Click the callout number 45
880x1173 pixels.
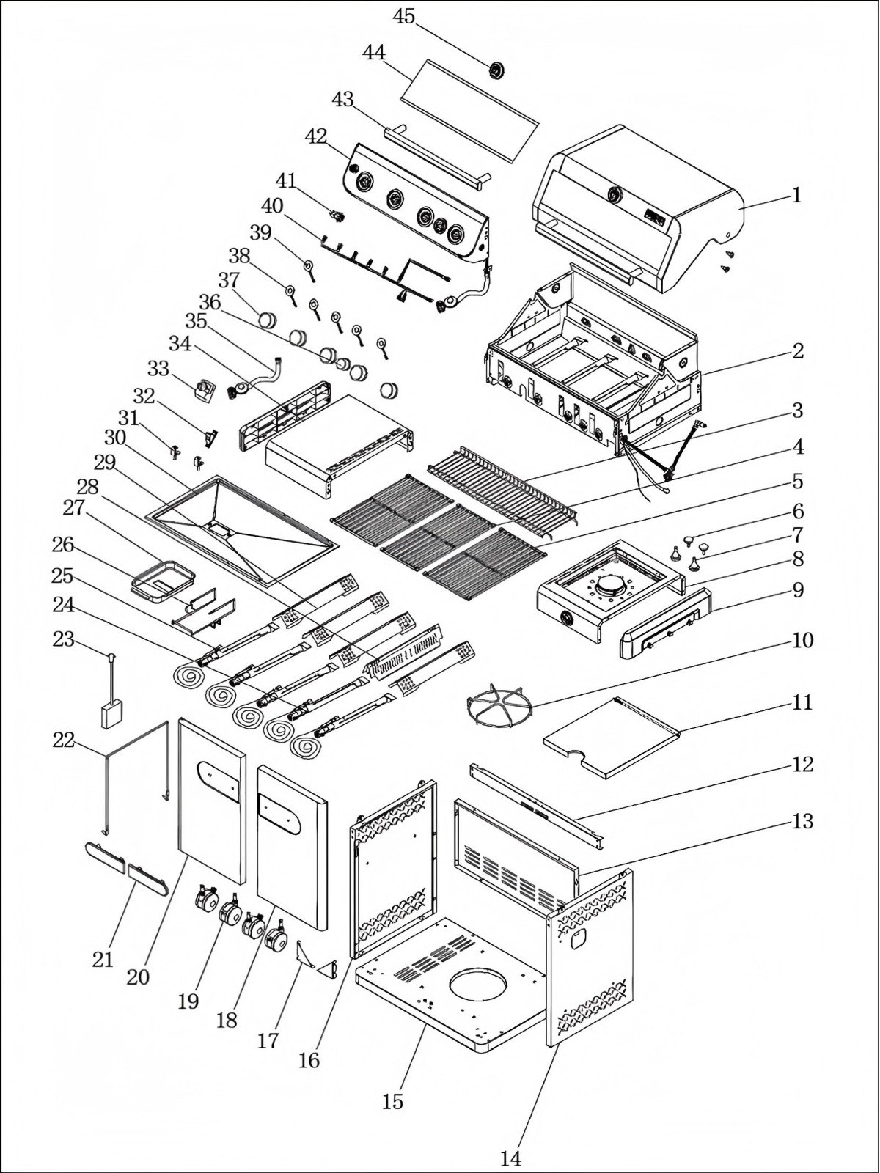[404, 16]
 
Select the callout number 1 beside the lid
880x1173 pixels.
[796, 195]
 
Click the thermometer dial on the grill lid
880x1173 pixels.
[615, 194]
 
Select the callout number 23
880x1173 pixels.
[64, 639]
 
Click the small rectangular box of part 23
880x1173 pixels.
[112, 714]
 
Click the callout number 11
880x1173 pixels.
[803, 702]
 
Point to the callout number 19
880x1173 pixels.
[188, 1001]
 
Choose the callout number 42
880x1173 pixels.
[316, 136]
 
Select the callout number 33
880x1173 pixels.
[158, 368]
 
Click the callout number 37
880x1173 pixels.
[229, 280]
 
